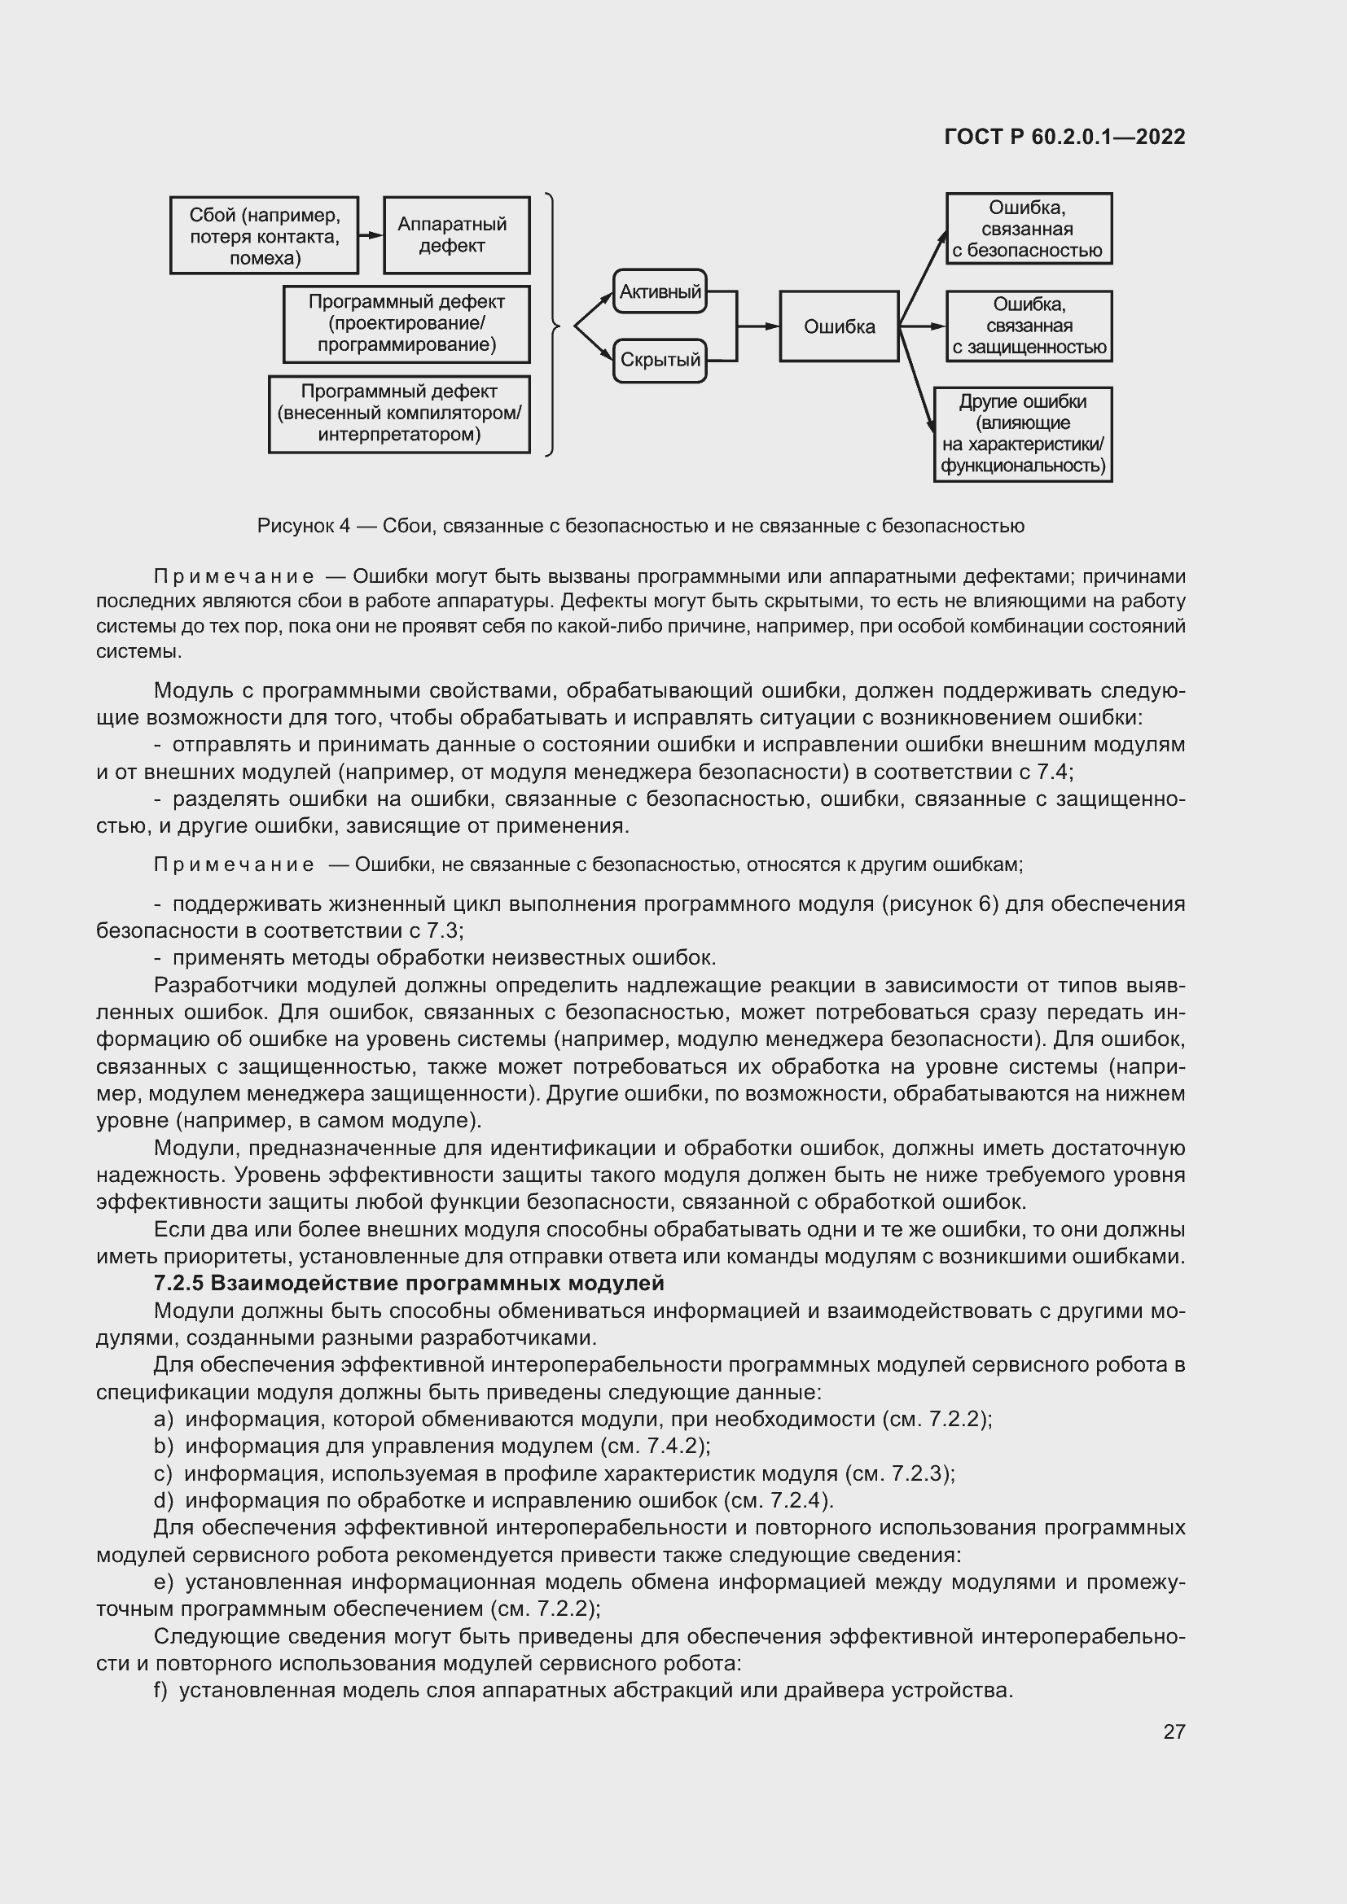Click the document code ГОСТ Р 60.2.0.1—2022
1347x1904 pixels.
[x=1064, y=138]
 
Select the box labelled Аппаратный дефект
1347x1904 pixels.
[x=456, y=235]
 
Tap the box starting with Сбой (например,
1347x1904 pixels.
[x=264, y=235]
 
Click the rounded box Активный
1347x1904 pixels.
[x=660, y=291]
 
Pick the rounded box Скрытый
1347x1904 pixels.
[x=660, y=360]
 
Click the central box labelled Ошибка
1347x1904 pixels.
[x=839, y=326]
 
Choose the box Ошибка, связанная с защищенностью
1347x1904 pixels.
[x=1029, y=326]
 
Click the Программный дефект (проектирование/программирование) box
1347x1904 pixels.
[x=406, y=324]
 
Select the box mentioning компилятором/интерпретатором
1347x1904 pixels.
[x=399, y=414]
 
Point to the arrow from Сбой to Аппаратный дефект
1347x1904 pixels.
[x=371, y=235]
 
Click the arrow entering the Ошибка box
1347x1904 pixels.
[x=760, y=326]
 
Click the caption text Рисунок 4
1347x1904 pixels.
[x=303, y=526]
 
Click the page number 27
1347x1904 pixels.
[x=1174, y=1731]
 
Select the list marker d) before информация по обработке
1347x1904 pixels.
[x=164, y=1500]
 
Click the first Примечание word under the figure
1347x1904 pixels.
[x=234, y=576]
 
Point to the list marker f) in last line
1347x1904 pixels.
[x=161, y=1690]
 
